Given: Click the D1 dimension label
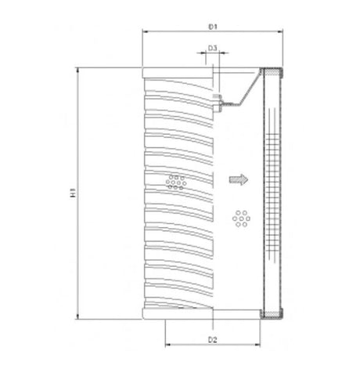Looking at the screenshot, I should (212, 27).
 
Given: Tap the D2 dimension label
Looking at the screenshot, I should (212, 339).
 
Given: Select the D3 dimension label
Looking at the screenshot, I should (213, 48).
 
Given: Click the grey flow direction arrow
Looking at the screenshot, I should (237, 179).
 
